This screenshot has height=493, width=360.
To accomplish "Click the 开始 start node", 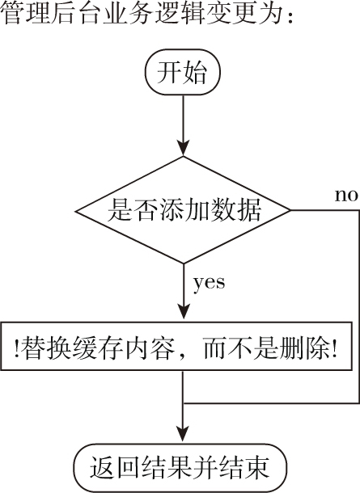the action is pyautogui.click(x=183, y=72).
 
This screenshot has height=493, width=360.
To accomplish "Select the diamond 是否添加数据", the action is pyautogui.click(x=183, y=210).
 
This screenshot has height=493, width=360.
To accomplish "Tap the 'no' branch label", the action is pyautogui.click(x=346, y=196).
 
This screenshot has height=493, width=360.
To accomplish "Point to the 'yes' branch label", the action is pyautogui.click(x=209, y=283).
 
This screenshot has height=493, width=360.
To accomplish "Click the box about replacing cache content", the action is pyautogui.click(x=176, y=346).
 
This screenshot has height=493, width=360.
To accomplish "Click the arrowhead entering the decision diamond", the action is pyautogui.click(x=183, y=149).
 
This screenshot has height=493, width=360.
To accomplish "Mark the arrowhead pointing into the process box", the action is pyautogui.click(x=183, y=312).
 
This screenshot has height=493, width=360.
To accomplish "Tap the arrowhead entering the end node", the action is pyautogui.click(x=183, y=434).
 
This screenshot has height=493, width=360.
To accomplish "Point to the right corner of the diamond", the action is pyautogui.click(x=290, y=210).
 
